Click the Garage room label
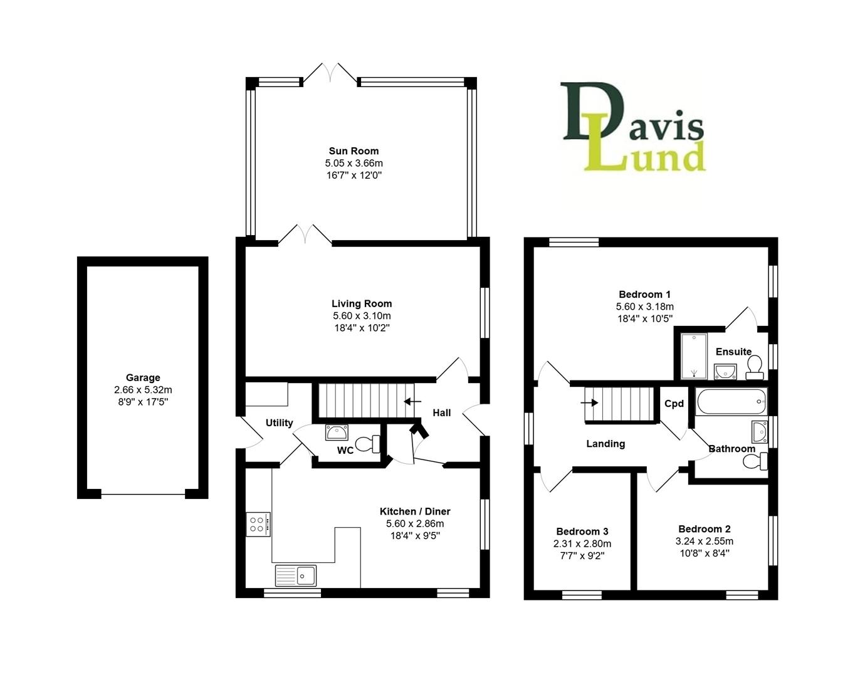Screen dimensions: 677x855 (x=143, y=377)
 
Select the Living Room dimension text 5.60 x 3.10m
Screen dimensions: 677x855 (x=362, y=316)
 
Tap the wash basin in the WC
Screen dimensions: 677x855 (x=337, y=432)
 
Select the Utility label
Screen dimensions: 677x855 (x=279, y=423)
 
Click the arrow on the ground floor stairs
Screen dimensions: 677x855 (x=412, y=401)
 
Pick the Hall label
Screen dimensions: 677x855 (x=441, y=412)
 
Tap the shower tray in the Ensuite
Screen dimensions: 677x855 (x=693, y=356)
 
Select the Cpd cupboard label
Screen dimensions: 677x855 (x=674, y=404)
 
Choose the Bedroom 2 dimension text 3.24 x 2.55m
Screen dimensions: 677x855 (x=704, y=542)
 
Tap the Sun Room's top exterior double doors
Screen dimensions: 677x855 (x=331, y=72)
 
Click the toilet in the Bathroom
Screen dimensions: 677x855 (x=754, y=462)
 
